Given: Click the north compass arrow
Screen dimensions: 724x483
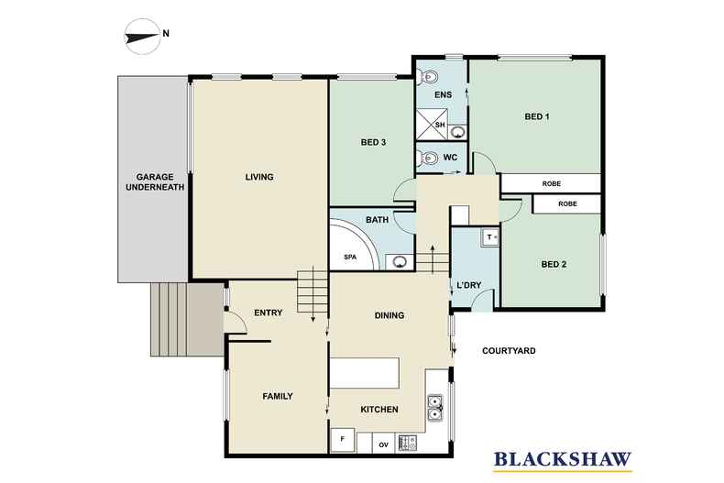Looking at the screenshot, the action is click(x=142, y=36).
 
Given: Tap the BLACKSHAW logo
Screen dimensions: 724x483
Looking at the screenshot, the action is click(x=563, y=460).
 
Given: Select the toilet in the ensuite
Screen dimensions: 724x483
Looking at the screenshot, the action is click(x=428, y=77).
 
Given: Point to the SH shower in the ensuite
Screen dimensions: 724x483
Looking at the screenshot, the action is click(x=433, y=125).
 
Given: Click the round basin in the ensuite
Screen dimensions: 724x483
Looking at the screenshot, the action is click(x=457, y=133).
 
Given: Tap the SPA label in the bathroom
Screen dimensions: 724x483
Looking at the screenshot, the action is click(x=350, y=257).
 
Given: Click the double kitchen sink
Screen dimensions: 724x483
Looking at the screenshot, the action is click(x=434, y=408).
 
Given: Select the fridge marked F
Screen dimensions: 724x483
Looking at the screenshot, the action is click(x=342, y=440).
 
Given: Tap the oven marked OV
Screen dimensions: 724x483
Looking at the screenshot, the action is click(x=383, y=444).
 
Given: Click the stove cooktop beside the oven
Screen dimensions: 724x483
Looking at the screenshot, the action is click(x=407, y=444).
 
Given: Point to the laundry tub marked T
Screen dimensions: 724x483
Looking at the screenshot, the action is click(x=490, y=237).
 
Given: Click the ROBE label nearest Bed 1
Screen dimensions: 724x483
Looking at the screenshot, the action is click(x=552, y=183).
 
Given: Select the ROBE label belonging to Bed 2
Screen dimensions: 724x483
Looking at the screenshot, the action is click(x=567, y=203).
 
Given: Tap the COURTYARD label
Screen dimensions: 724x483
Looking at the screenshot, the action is click(x=509, y=351).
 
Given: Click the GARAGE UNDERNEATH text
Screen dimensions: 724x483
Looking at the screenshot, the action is click(x=155, y=182).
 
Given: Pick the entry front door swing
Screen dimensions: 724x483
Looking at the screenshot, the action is click(x=236, y=323).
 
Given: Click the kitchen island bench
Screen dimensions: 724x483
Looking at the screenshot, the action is click(x=365, y=373).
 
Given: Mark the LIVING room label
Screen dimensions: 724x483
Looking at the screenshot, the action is click(x=259, y=177).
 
